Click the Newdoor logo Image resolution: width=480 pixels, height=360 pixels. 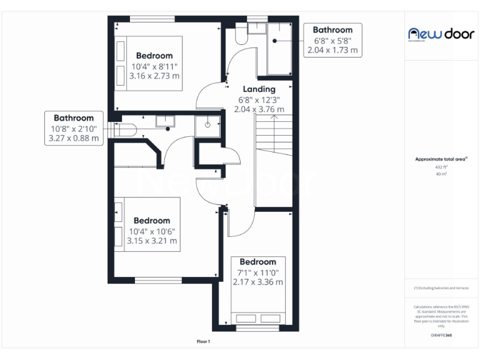point(441,34)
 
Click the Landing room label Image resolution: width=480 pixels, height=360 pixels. point(259,89)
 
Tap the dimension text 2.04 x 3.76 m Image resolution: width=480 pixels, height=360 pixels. point(259,109)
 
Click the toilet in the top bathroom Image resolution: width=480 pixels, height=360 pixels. point(242,35)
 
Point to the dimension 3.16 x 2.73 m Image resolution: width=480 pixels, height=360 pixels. point(154,76)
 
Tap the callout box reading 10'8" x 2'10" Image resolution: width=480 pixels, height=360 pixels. point(74,128)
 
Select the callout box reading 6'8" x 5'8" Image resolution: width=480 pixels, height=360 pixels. point(332,40)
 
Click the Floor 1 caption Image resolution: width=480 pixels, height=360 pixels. point(204,342)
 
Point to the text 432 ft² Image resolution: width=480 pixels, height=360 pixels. point(441,167)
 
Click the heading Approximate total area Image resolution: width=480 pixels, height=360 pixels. point(441,159)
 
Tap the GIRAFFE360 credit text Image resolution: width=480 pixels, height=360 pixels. point(441,336)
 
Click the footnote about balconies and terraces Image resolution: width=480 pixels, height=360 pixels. point(441,288)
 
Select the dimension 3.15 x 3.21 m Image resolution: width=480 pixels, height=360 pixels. point(152,241)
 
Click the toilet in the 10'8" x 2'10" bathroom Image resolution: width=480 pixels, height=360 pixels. point(126,129)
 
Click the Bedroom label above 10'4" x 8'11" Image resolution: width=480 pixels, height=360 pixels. point(154,56)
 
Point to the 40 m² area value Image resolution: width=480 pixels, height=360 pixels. point(441,174)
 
